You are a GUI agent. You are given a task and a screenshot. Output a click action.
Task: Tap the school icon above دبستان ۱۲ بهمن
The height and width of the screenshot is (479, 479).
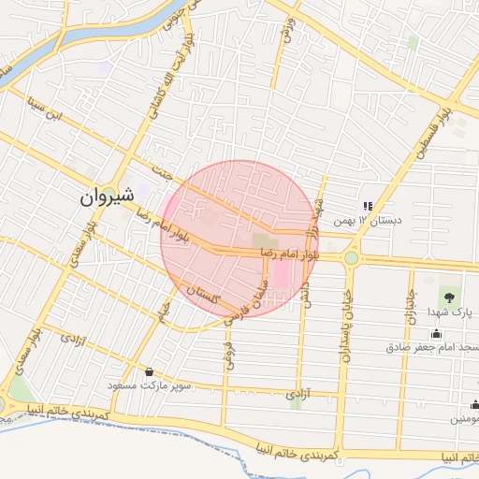(368, 206)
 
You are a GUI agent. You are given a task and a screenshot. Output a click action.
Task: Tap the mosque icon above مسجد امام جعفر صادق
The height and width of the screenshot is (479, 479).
(436, 334)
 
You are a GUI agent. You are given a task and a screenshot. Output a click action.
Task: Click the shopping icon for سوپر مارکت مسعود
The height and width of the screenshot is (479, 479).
(149, 371)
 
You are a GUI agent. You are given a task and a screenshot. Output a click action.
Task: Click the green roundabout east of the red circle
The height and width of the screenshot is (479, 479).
(351, 257)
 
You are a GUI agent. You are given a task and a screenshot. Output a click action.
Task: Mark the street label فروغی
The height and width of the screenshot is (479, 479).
(226, 353)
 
